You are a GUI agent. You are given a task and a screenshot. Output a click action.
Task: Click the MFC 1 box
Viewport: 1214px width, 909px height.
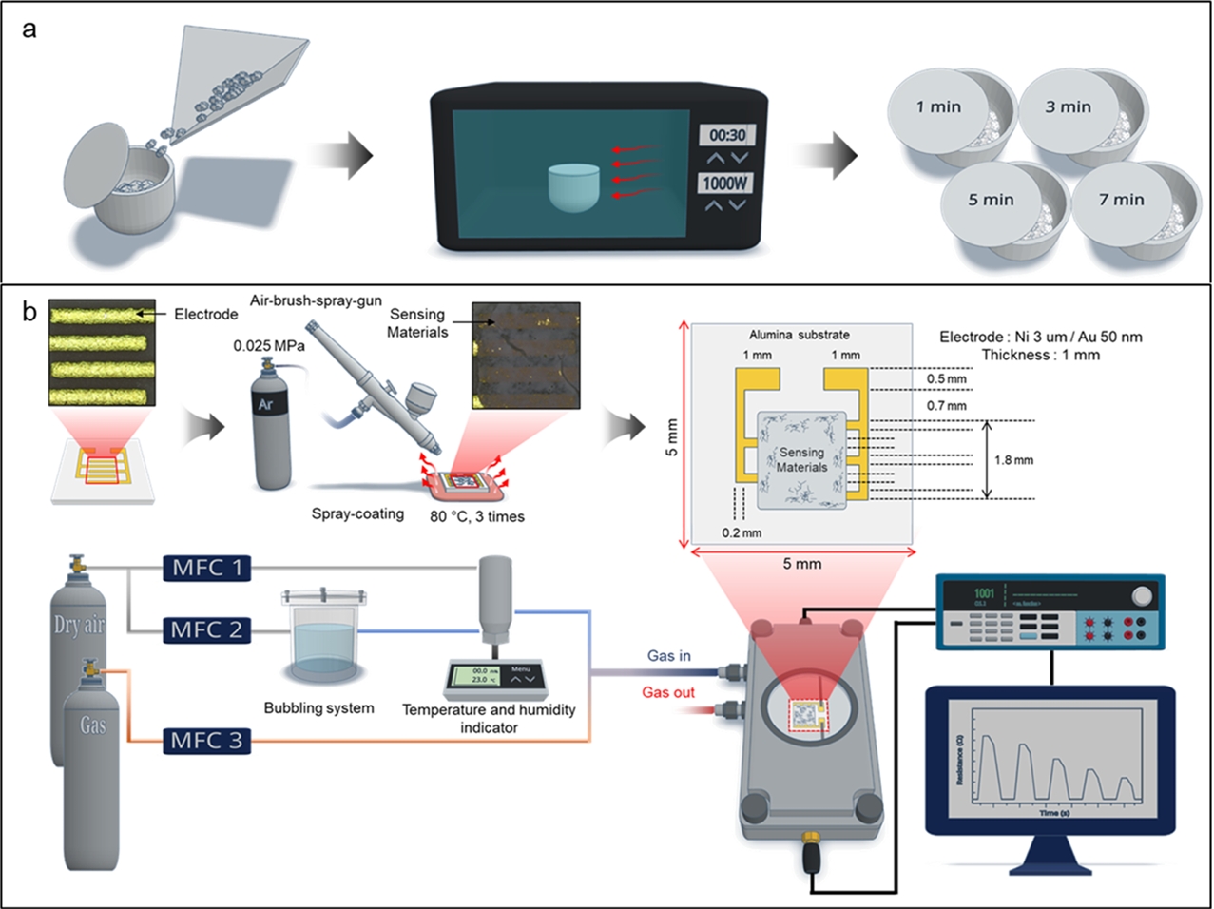pyautogui.click(x=207, y=569)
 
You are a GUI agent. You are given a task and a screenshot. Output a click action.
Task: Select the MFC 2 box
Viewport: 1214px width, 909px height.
pyautogui.click(x=207, y=629)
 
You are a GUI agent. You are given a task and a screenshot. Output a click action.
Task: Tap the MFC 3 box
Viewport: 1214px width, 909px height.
pyautogui.click(x=207, y=741)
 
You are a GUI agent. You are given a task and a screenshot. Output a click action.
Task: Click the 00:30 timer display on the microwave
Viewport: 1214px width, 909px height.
pyautogui.click(x=727, y=135)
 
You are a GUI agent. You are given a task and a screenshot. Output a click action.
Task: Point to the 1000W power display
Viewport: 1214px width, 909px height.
pyautogui.click(x=725, y=183)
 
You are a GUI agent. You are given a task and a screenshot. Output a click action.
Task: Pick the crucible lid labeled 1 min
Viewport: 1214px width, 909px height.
pyautogui.click(x=938, y=107)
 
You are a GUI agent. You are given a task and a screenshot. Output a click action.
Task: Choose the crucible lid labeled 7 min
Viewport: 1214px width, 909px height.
pyautogui.click(x=1122, y=200)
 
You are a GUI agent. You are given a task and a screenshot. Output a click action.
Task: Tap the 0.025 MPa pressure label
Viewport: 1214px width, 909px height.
pyautogui.click(x=269, y=346)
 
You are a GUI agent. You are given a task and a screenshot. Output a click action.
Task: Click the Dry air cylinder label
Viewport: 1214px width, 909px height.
pyautogui.click(x=79, y=625)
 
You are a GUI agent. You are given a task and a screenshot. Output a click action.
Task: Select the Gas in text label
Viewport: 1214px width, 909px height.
pyautogui.click(x=669, y=656)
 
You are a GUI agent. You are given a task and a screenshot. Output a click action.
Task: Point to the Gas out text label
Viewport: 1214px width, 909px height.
pyautogui.click(x=668, y=692)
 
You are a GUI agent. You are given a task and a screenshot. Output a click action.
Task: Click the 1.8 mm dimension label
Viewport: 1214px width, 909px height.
pyautogui.click(x=1013, y=460)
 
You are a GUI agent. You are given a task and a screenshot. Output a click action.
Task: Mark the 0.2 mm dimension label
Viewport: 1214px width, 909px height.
pyautogui.click(x=742, y=532)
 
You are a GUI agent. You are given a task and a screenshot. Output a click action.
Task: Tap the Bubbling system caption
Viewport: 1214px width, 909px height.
pyautogui.click(x=318, y=708)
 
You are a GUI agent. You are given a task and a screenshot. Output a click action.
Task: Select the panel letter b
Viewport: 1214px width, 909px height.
pyautogui.click(x=29, y=311)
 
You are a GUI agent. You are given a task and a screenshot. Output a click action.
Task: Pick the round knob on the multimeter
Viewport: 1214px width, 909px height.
pyautogui.click(x=1142, y=596)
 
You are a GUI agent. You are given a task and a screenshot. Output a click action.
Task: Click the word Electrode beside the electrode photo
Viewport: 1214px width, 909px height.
pyautogui.click(x=205, y=314)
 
